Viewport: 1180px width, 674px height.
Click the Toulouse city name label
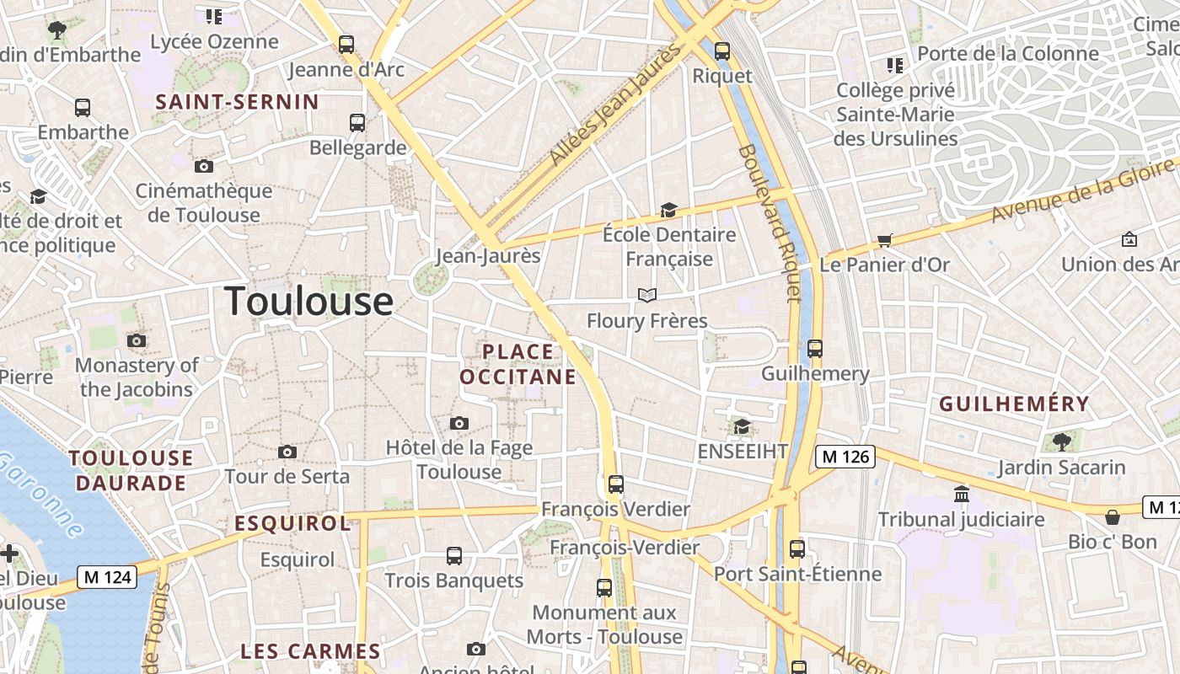pyautogui.click(x=308, y=301)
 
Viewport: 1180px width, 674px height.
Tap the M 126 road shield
pyautogui.click(x=845, y=457)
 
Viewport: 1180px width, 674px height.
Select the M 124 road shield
pyautogui.click(x=106, y=577)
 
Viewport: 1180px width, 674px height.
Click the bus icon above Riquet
pyautogui.click(x=722, y=51)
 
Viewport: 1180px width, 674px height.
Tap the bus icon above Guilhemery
pyautogui.click(x=814, y=348)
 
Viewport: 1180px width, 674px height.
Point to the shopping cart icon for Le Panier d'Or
pyautogui.click(x=884, y=241)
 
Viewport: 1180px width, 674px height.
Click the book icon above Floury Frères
pyautogui.click(x=646, y=295)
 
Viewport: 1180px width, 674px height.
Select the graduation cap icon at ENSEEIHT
pyautogui.click(x=742, y=427)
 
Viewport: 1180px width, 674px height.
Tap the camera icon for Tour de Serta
pyautogui.click(x=287, y=452)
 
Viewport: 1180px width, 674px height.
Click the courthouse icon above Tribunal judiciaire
pyautogui.click(x=961, y=494)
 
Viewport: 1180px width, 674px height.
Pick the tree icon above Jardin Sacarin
pyautogui.click(x=1061, y=441)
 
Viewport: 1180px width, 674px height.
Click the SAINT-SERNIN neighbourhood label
pyautogui.click(x=238, y=103)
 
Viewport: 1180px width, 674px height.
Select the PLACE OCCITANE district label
pyautogui.click(x=518, y=364)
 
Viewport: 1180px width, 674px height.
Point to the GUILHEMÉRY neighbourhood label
pyautogui.click(x=1014, y=404)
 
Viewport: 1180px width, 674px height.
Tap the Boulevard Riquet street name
pyautogui.click(x=769, y=223)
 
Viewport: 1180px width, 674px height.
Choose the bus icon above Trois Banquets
pyautogui.click(x=454, y=556)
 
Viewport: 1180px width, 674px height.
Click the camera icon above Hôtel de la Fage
pyautogui.click(x=459, y=423)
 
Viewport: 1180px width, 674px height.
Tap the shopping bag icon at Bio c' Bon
pyautogui.click(x=1112, y=516)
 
